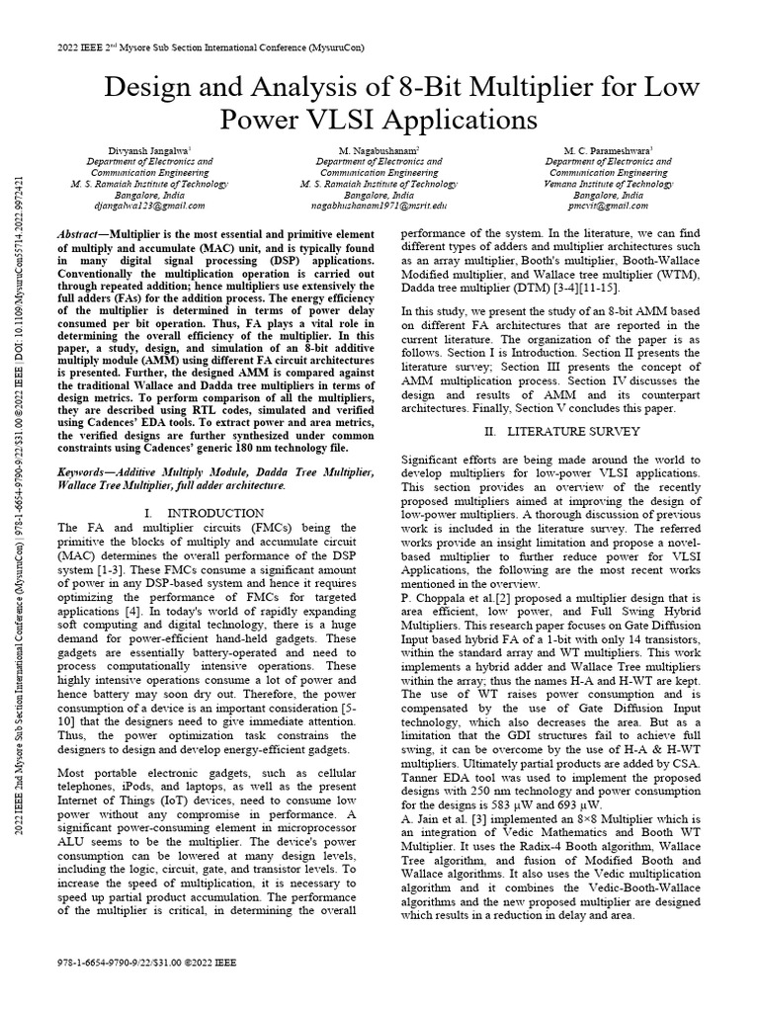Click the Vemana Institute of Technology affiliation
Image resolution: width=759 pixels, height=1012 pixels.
coord(608,184)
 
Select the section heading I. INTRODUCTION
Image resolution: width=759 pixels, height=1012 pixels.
coord(204,513)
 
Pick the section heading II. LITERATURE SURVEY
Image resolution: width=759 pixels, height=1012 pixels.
coord(563,432)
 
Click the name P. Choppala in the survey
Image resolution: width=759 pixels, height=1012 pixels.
coord(439,597)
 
